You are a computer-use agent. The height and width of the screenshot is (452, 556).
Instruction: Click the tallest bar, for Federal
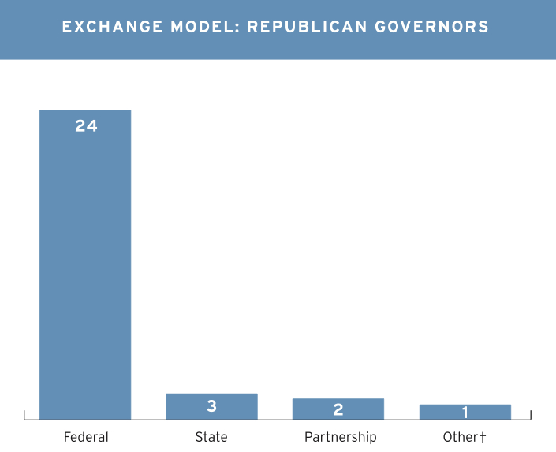click(x=85, y=268)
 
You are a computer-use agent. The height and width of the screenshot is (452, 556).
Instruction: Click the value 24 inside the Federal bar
click(x=86, y=125)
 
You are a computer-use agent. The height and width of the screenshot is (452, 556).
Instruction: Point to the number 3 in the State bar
click(x=211, y=406)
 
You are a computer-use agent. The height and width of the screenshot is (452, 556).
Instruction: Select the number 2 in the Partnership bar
click(x=338, y=409)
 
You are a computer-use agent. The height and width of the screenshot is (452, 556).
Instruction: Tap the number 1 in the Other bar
click(x=465, y=413)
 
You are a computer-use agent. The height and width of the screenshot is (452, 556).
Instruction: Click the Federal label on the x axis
click(x=86, y=437)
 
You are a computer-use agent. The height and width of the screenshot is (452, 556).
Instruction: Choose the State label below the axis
click(x=211, y=437)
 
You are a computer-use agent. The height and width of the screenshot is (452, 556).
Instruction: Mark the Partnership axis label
click(x=340, y=437)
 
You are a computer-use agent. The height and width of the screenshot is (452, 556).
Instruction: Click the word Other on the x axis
click(x=460, y=437)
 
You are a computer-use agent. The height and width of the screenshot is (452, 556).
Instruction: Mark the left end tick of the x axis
click(x=24, y=415)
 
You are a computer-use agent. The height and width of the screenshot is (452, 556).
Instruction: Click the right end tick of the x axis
click(x=531, y=415)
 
